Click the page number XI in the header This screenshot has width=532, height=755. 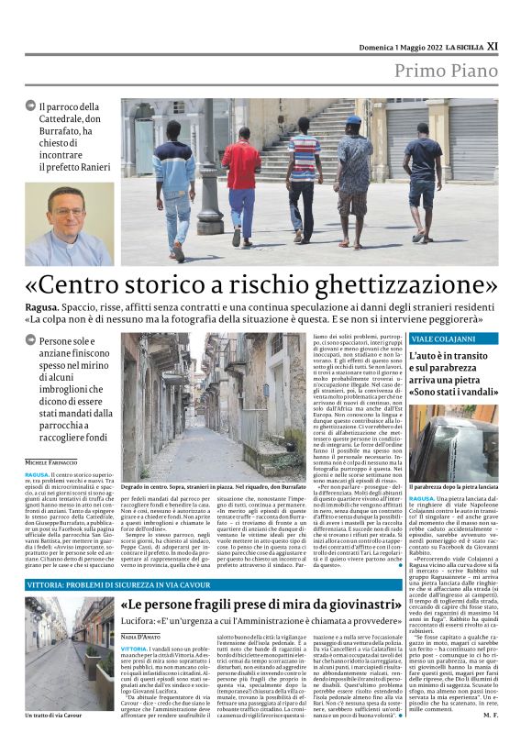491,44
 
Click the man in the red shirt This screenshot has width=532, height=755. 240,179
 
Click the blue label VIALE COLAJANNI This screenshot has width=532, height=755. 437,339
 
